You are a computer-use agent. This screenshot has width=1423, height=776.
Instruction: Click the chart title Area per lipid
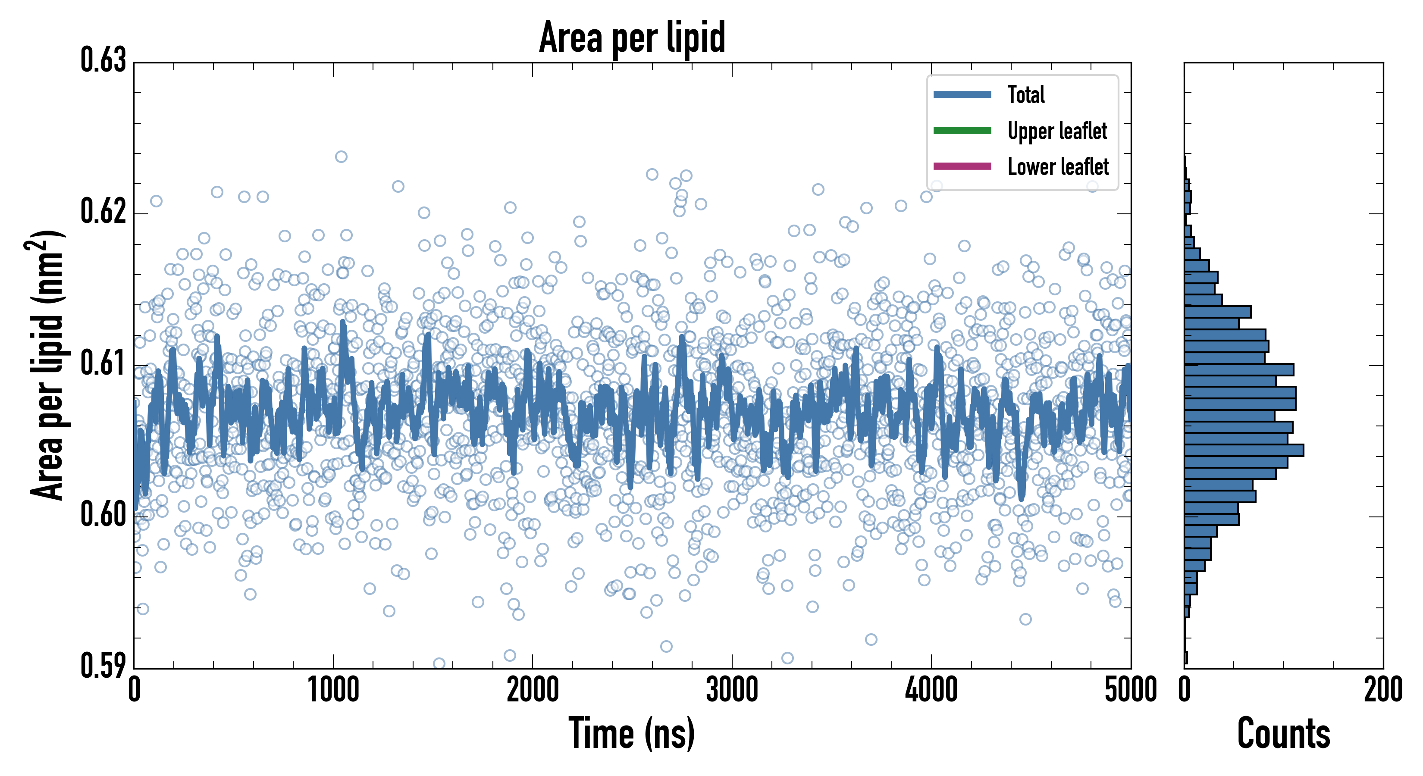[x=632, y=37]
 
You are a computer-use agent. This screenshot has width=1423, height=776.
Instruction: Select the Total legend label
[x=1026, y=94]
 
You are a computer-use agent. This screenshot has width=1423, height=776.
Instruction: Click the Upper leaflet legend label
[x=1057, y=131]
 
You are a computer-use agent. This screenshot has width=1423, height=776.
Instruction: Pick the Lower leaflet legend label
[x=1058, y=167]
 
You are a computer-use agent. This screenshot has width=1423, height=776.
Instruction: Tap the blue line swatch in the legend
[x=962, y=94]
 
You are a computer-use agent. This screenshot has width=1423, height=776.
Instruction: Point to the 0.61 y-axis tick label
[x=103, y=363]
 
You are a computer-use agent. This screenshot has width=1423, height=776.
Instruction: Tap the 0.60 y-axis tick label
[x=103, y=514]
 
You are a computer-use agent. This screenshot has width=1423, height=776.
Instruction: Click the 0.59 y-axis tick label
[x=103, y=666]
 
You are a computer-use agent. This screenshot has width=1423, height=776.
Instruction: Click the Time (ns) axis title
[x=632, y=733]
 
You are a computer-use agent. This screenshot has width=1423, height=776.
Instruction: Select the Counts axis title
[x=1283, y=733]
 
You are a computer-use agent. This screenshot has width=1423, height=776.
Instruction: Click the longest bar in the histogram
[x=1244, y=450]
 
